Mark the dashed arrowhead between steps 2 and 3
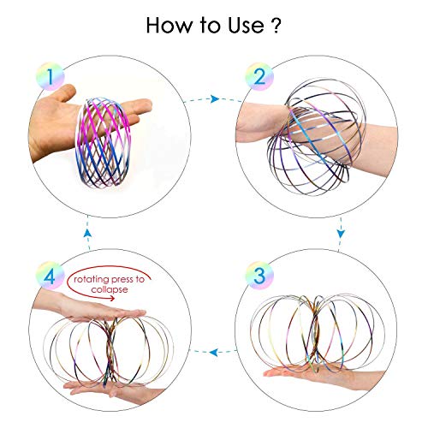coord(341,233)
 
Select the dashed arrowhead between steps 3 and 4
coord(214,350)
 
